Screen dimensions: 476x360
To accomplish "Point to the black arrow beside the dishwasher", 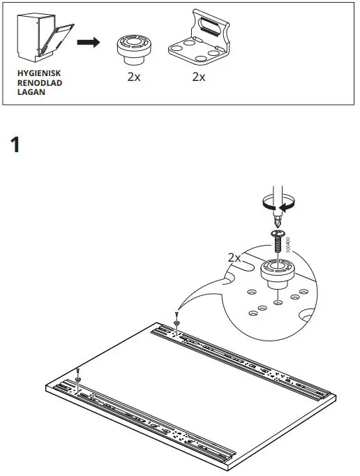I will coord(87,43).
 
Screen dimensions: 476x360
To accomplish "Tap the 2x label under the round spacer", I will coord(134,77).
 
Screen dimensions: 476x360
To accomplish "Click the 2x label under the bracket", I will coord(199,77).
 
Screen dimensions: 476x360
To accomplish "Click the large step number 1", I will coord(17,147).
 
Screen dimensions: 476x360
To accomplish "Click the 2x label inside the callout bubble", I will coord(234,258).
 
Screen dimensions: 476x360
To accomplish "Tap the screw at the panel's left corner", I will coord(78,374).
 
